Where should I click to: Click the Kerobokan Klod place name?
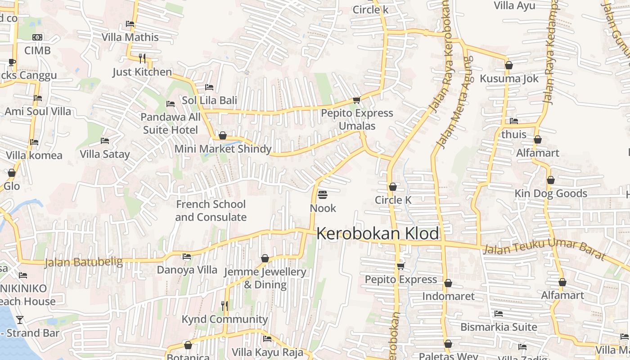[378, 234]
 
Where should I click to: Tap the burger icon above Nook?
[323, 195]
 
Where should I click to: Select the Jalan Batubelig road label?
[84, 262]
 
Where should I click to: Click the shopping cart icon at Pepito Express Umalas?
[356, 100]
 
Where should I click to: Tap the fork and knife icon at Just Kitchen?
[142, 58]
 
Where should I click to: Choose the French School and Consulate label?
[211, 211]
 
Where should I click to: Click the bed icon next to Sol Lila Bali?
[209, 87]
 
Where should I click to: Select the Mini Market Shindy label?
[223, 149]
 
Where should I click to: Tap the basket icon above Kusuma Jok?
[509, 65]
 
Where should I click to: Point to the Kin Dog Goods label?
[551, 193]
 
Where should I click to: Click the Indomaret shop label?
[448, 296]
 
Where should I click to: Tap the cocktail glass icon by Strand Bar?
[19, 320]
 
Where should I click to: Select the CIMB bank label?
[37, 50]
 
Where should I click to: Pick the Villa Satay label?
[105, 154]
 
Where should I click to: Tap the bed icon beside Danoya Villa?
[187, 256]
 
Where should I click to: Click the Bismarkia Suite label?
[499, 327]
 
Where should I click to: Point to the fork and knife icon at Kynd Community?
[225, 306]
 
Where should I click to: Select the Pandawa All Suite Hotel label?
[171, 124]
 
